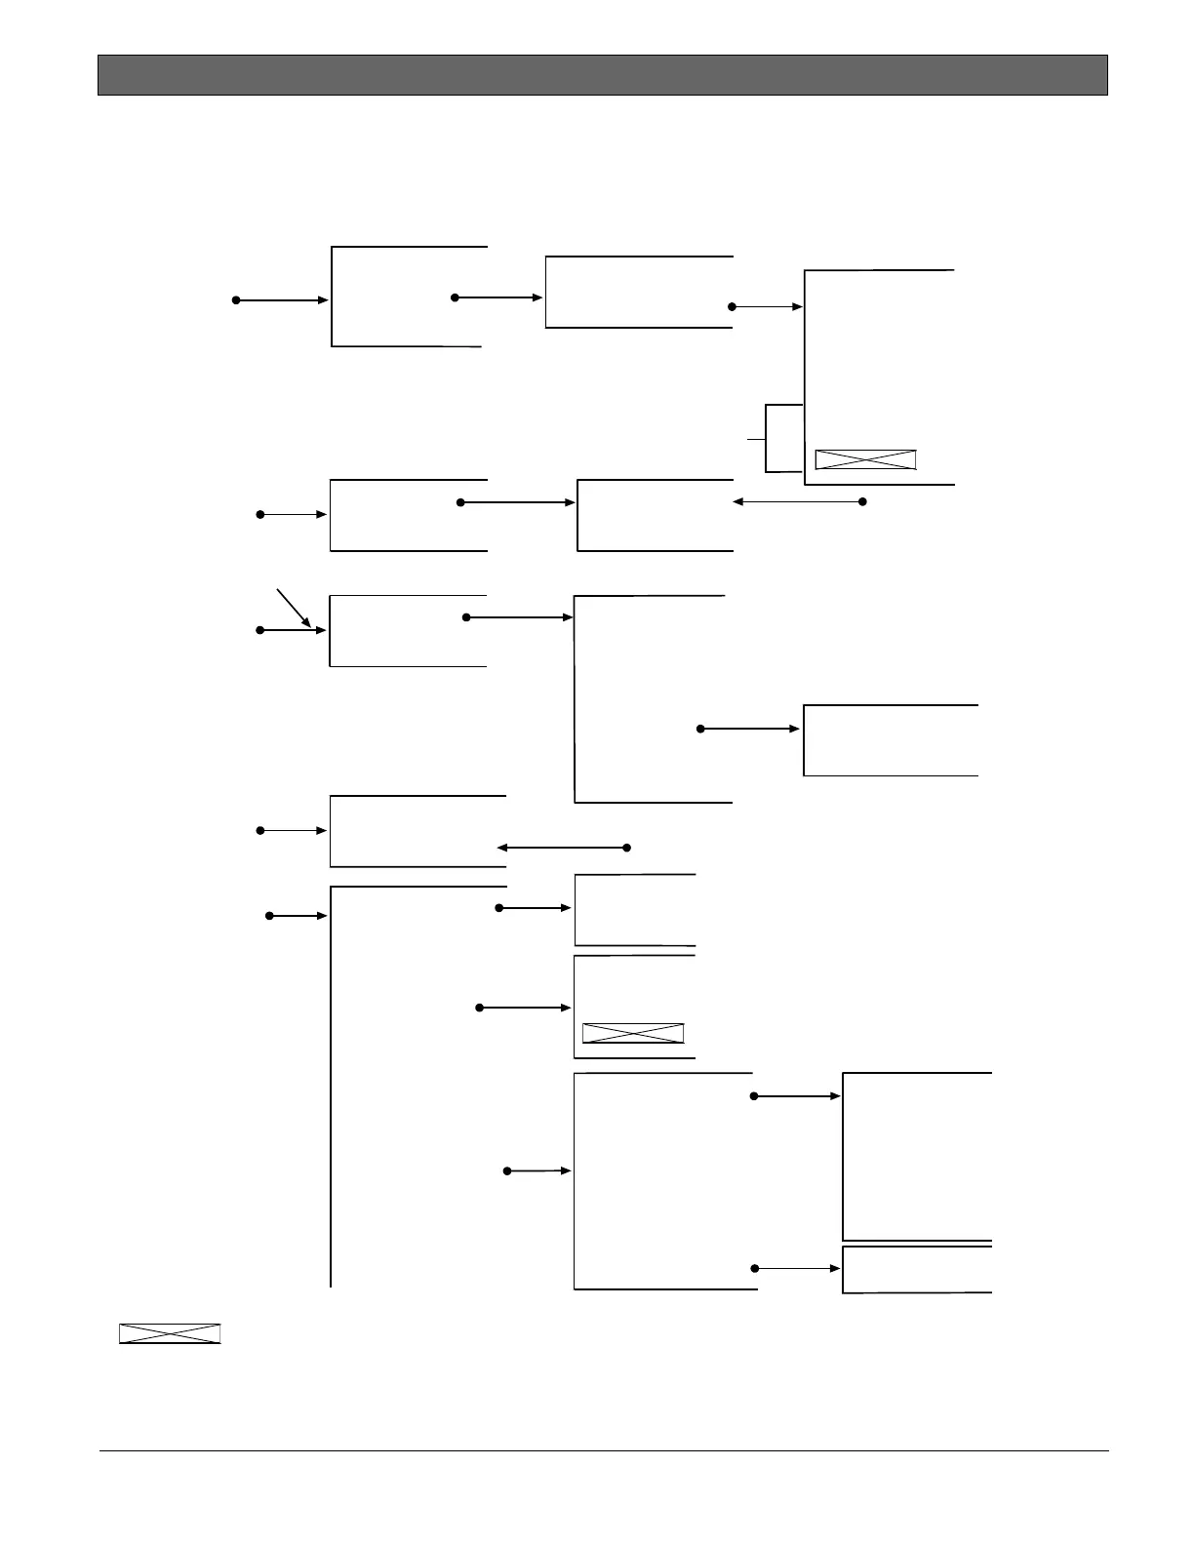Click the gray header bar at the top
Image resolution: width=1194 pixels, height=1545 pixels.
tap(602, 75)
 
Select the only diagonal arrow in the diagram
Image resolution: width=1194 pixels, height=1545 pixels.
tap(294, 608)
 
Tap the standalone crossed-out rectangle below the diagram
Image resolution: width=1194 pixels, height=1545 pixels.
tap(170, 1333)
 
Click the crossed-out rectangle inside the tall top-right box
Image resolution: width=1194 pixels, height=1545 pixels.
tap(865, 459)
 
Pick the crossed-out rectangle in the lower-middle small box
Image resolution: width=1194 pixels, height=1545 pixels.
tap(633, 1033)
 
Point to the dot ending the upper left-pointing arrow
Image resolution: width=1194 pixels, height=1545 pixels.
tap(862, 502)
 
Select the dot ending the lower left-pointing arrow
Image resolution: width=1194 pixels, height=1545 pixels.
tap(627, 848)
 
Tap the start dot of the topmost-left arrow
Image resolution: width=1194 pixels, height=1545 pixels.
tap(236, 300)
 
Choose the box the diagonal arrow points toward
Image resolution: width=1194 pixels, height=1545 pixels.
tap(408, 630)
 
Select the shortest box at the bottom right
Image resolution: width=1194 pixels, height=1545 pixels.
tap(917, 1269)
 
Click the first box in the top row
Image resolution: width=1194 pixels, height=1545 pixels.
tap(408, 297)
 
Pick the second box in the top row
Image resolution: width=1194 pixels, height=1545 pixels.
tap(638, 292)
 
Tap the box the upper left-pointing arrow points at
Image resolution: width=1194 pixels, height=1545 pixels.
tap(655, 515)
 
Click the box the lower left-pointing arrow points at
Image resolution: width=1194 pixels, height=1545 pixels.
tap(418, 831)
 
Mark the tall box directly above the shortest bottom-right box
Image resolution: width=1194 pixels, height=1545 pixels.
tap(917, 1156)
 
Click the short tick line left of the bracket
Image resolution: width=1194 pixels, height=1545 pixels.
tap(756, 440)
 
